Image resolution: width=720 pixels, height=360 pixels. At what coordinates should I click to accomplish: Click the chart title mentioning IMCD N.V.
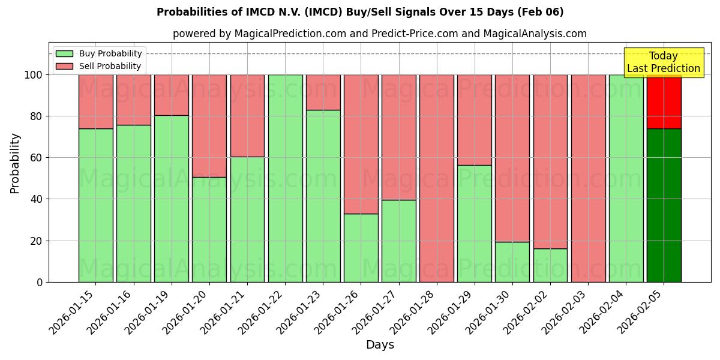pos(360,12)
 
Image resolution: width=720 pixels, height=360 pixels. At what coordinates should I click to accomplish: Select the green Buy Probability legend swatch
pos(64,53)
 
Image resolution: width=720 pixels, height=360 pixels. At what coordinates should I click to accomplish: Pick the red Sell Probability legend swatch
pos(64,66)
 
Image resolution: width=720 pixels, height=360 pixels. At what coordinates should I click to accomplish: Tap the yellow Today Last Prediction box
pos(663,62)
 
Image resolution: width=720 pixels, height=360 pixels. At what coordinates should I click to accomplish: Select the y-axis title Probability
pos(15,163)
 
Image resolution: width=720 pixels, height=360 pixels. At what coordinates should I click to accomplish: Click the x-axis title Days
pos(380,345)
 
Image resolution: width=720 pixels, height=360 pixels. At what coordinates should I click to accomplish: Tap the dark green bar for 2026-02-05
pos(664,205)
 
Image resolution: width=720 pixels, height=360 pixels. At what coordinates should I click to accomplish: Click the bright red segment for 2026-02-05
pos(664,101)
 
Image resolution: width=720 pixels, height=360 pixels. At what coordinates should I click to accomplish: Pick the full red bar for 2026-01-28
pos(437,178)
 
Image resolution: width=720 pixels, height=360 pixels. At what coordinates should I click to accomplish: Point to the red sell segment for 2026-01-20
pos(209,126)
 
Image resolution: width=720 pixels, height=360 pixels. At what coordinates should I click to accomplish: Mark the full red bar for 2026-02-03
pos(588,178)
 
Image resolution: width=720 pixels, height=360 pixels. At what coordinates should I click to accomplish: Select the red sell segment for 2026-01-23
pos(323,92)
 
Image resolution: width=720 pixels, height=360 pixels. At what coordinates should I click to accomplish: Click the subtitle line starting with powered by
pos(380,34)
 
